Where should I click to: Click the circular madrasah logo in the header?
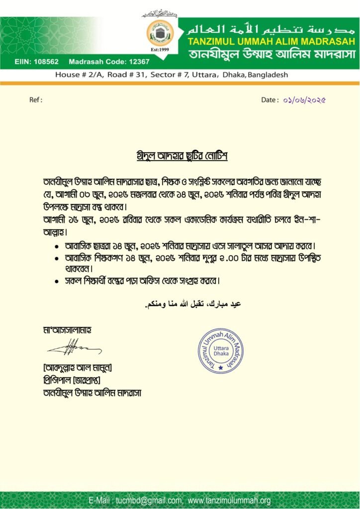point(160,33)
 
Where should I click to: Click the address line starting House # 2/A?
point(172,75)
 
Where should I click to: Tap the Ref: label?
point(36,100)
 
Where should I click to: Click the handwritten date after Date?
point(304,100)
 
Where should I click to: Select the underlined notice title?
point(182,156)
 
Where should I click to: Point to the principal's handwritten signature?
point(74,346)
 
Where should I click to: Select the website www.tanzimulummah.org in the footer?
point(229,501)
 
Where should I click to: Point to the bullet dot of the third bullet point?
point(57,281)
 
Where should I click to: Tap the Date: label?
point(270,100)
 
